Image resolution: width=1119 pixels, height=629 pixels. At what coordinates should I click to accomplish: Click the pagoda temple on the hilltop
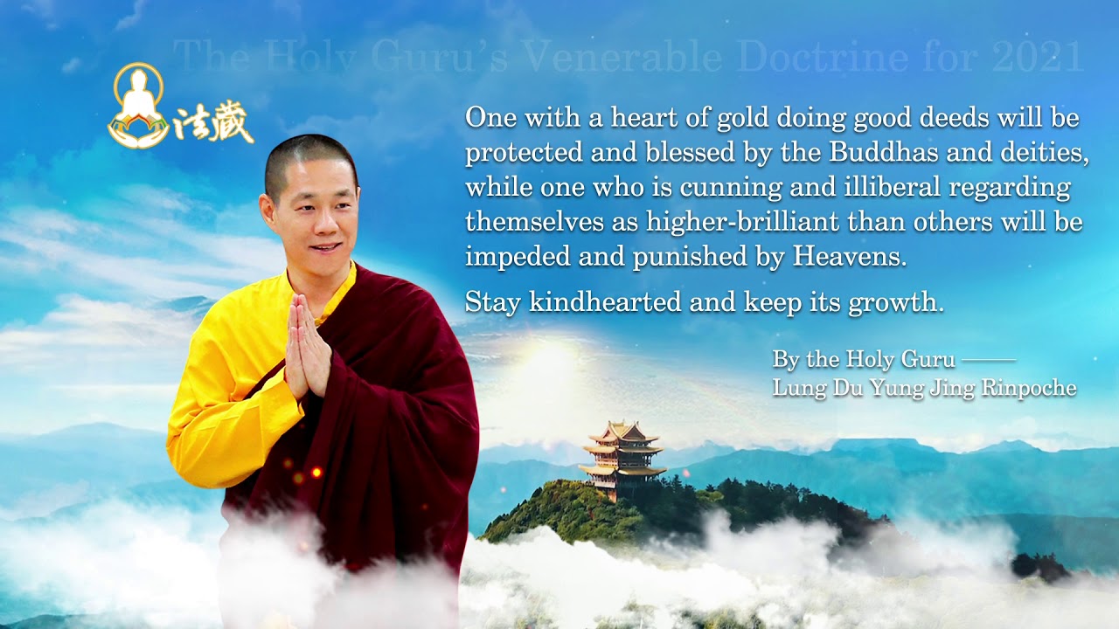[x=622, y=459]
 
